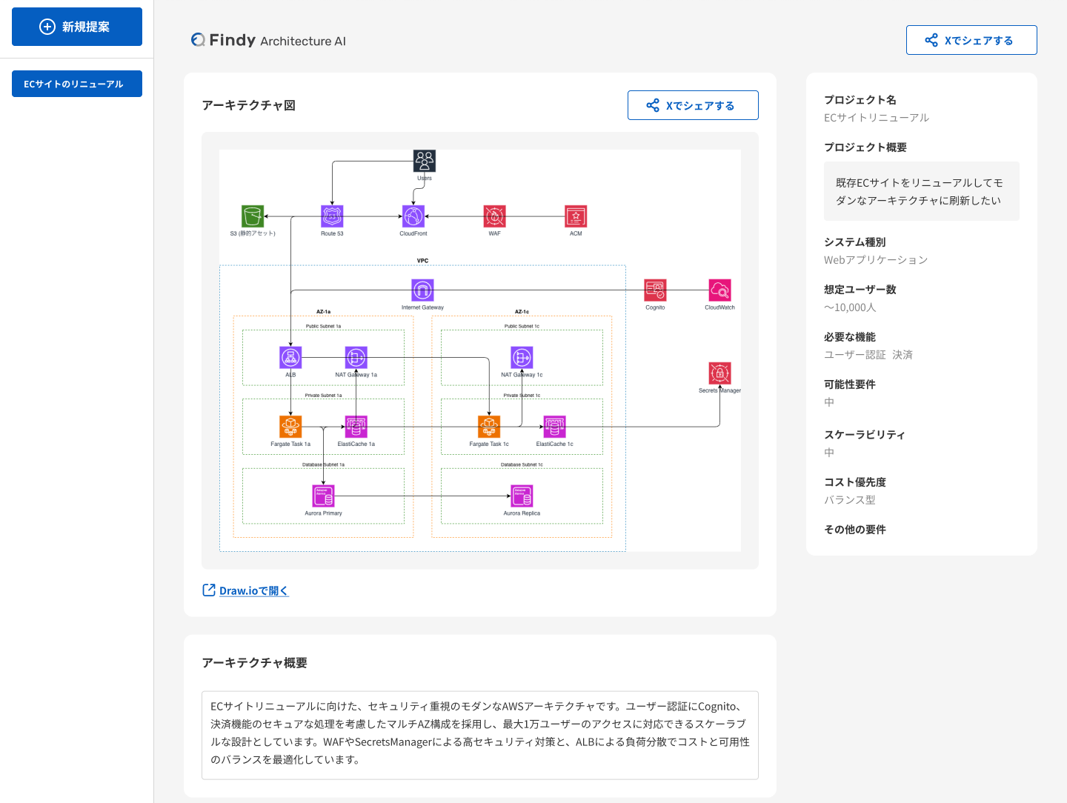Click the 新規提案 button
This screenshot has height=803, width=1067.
tap(77, 27)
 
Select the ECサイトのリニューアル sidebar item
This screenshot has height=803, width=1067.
tap(77, 84)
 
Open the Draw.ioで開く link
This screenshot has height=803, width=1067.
tap(246, 590)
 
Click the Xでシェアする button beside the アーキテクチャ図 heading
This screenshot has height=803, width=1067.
tap(693, 105)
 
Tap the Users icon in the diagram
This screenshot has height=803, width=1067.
tap(425, 161)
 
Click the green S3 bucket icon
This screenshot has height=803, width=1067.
tap(253, 216)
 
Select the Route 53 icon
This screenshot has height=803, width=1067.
tap(332, 216)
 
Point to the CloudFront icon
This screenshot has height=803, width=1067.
tap(413, 216)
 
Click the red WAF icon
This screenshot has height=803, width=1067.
tap(494, 216)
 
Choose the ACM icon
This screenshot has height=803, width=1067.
tap(576, 216)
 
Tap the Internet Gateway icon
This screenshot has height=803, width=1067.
tap(422, 290)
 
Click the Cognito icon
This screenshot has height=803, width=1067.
tap(655, 290)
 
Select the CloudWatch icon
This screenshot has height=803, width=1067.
tap(719, 290)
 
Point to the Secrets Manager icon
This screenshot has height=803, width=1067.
tap(719, 373)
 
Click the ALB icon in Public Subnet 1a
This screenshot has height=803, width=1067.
tap(290, 358)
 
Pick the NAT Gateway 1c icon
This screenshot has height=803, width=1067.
tap(522, 358)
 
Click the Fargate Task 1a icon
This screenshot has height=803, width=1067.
tap(290, 427)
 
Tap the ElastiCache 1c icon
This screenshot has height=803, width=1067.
tap(554, 427)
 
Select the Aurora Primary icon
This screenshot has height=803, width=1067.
tap(323, 496)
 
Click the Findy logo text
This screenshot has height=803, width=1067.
tap(232, 40)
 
